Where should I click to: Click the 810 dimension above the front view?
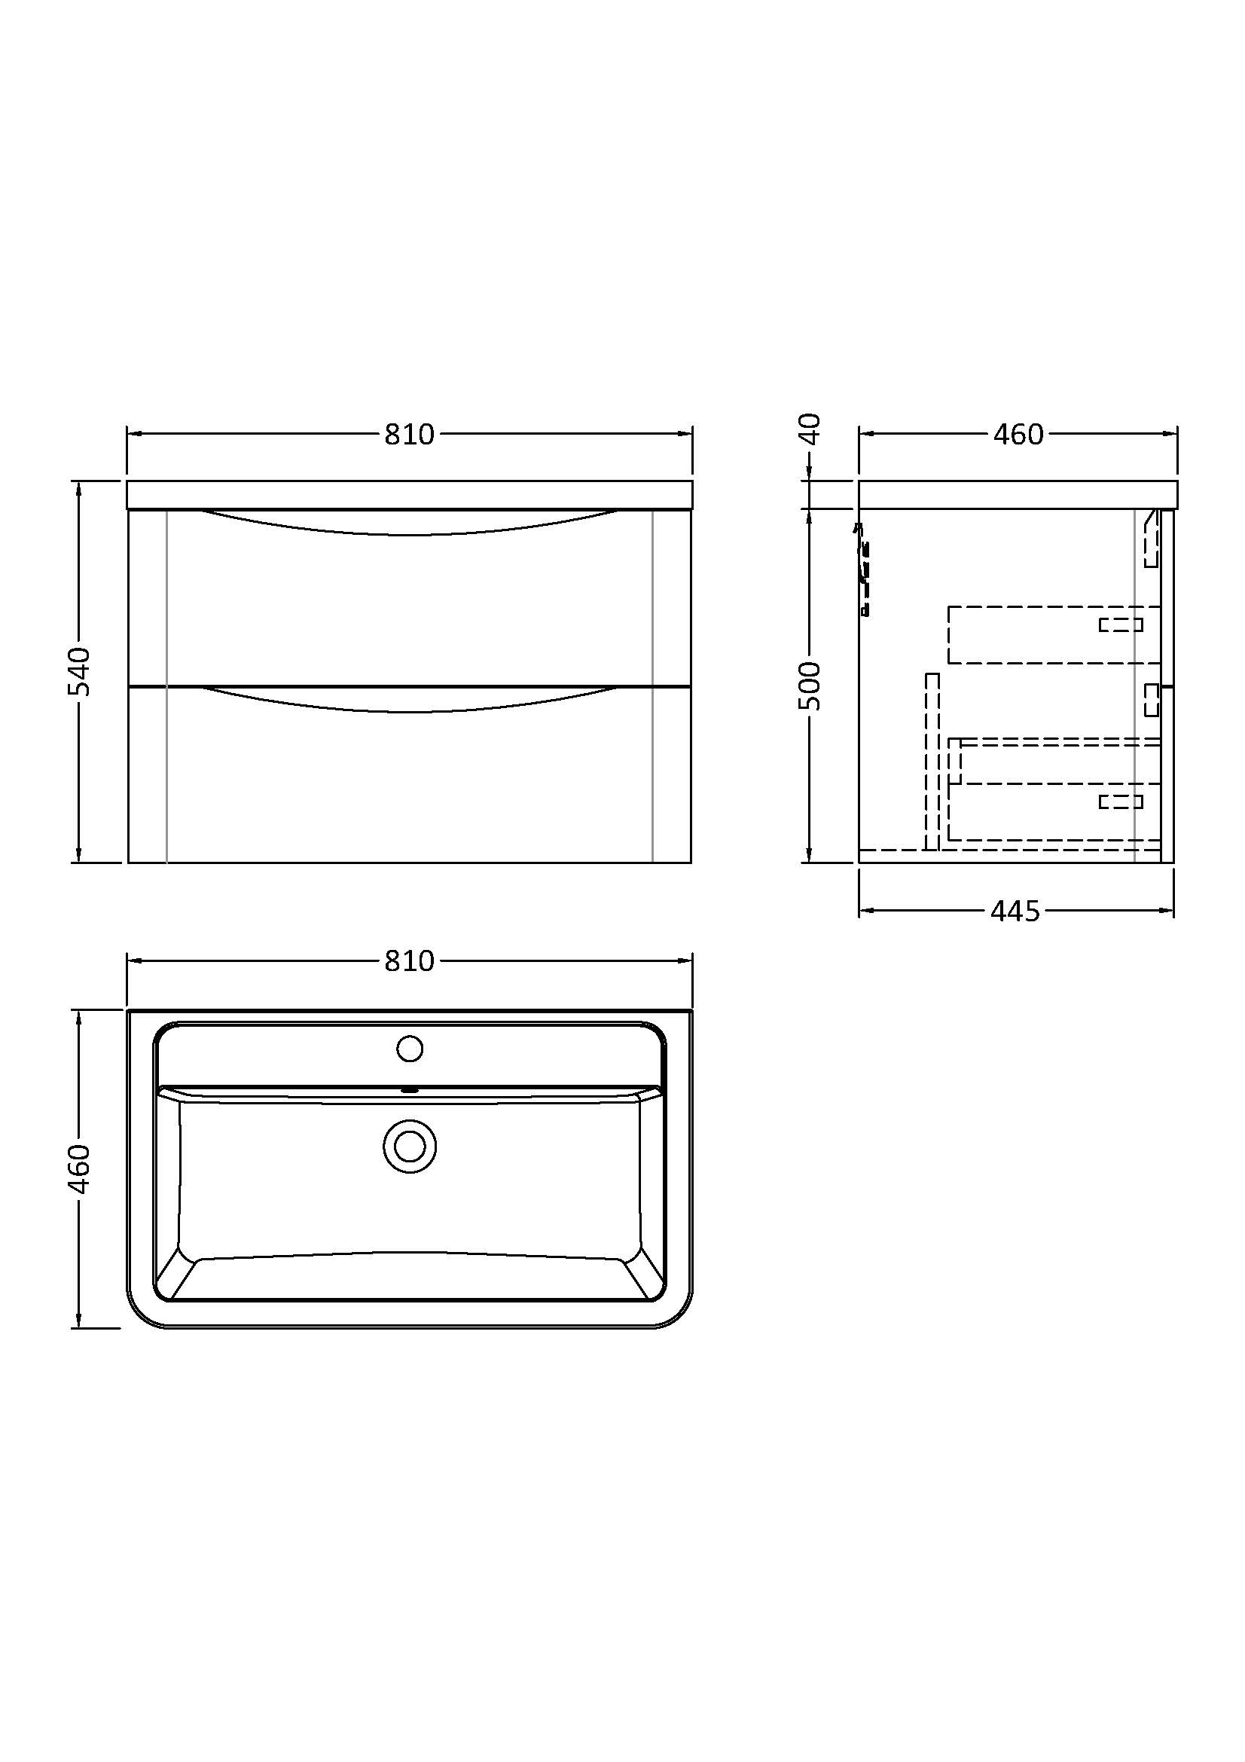409,435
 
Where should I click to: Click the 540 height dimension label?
80,671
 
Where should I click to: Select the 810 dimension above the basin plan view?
409,960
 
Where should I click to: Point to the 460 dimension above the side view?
1018,435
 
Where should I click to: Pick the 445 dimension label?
1015,911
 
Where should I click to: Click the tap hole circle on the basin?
410,1049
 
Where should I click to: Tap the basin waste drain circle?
410,1146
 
